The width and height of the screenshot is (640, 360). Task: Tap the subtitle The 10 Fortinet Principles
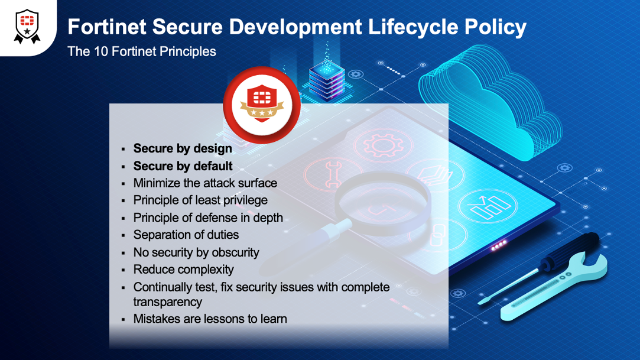tap(142, 51)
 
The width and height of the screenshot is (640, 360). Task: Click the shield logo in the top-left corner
tap(27, 27)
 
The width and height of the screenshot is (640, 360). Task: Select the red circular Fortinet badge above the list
tap(261, 105)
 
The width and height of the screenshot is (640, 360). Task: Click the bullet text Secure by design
tap(183, 148)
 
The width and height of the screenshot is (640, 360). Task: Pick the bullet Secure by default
tap(183, 166)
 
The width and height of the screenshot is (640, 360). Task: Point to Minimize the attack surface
tap(205, 183)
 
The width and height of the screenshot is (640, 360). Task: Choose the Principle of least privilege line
tap(200, 200)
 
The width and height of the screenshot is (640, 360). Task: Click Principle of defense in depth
tap(208, 218)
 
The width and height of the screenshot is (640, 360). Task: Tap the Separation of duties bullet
tap(186, 235)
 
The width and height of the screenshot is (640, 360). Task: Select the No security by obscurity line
tap(196, 252)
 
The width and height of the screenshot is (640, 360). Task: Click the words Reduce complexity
tap(184, 270)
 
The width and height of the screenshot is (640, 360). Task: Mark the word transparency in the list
tap(168, 301)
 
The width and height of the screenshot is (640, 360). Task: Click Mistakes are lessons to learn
tap(210, 319)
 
